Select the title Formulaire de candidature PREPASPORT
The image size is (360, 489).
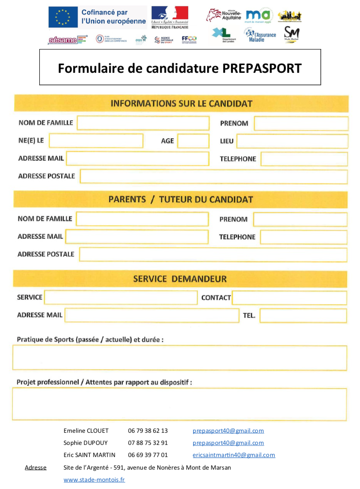tap(180, 68)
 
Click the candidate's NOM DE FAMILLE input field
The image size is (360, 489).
tap(143, 123)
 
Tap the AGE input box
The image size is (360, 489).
tap(193, 141)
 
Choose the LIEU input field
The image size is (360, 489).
tap(292, 142)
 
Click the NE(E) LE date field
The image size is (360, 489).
tap(96, 141)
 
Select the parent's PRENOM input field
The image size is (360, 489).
tap(300, 219)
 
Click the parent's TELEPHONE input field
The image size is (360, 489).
tap(303, 237)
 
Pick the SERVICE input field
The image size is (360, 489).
tap(121, 297)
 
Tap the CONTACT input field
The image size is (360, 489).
tap(289, 297)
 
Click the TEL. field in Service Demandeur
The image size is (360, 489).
tap(303, 316)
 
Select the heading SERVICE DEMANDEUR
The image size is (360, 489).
tap(180, 279)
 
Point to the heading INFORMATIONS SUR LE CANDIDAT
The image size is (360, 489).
tap(181, 103)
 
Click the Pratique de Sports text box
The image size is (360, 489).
tap(180, 358)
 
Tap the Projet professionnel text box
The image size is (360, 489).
tap(180, 404)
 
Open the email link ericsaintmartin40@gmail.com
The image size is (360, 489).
tap(233, 455)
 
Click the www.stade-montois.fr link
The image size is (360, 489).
tap(94, 480)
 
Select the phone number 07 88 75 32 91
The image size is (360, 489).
tap(148, 443)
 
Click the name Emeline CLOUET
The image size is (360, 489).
tap(86, 431)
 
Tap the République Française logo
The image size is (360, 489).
tap(169, 18)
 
